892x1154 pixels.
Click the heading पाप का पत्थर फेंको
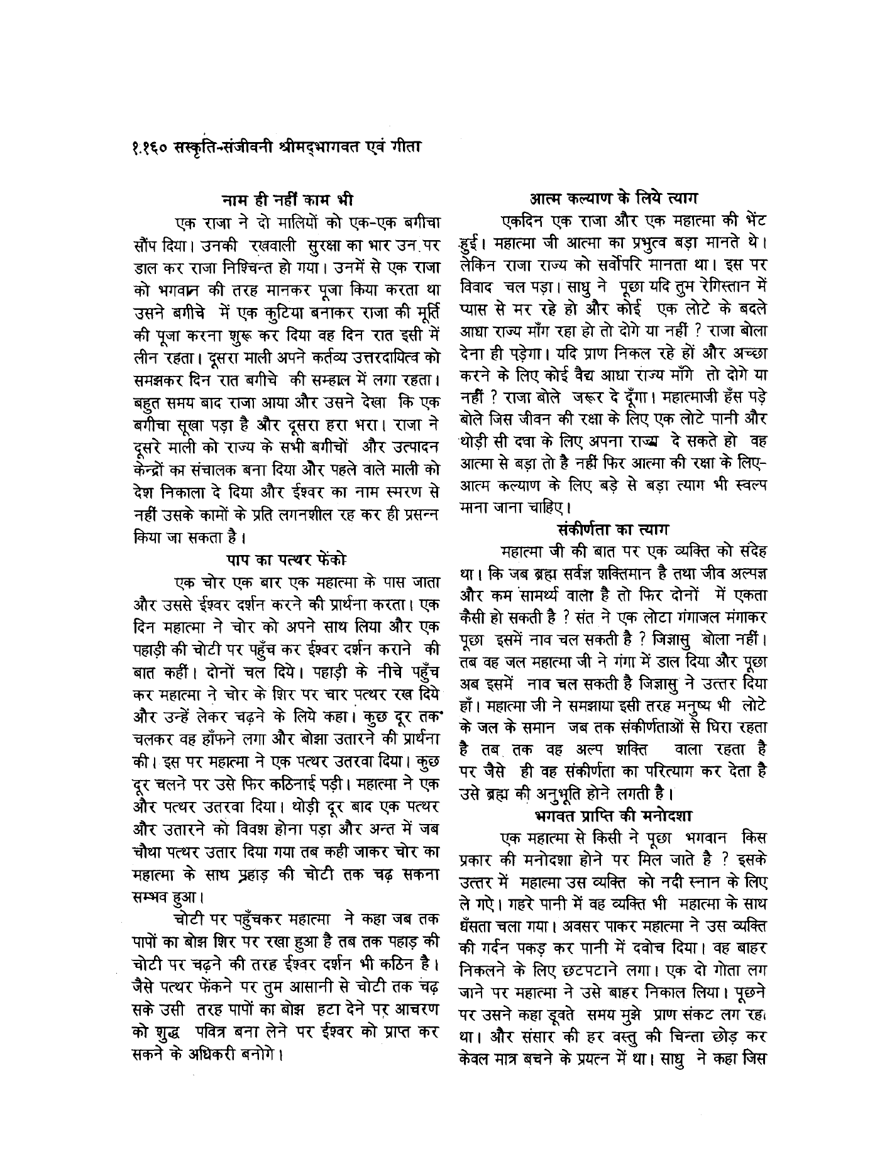[x=286, y=559]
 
